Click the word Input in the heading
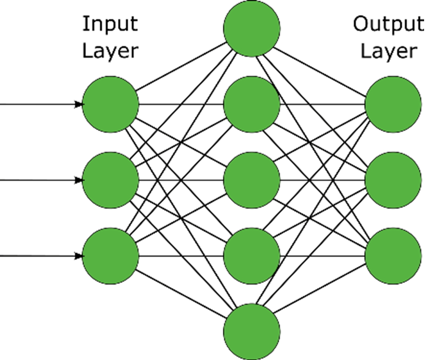(x=110, y=24)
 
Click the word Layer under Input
(x=110, y=51)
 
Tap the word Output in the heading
(x=389, y=24)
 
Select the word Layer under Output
(x=389, y=51)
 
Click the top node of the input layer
(x=110, y=104)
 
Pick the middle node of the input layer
(x=110, y=180)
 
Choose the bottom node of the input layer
(x=110, y=256)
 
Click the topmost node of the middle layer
(x=252, y=28)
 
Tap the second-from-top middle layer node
(x=252, y=104)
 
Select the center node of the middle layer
(x=252, y=180)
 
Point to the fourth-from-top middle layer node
(x=252, y=256)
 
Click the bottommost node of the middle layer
(x=252, y=332)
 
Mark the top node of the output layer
(x=393, y=104)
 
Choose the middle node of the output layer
(x=393, y=180)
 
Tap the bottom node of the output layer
(x=393, y=256)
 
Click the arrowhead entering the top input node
(x=79, y=104)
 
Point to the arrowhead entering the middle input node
(x=79, y=180)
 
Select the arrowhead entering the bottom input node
(x=79, y=256)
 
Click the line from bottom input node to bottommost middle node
(x=181, y=294)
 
